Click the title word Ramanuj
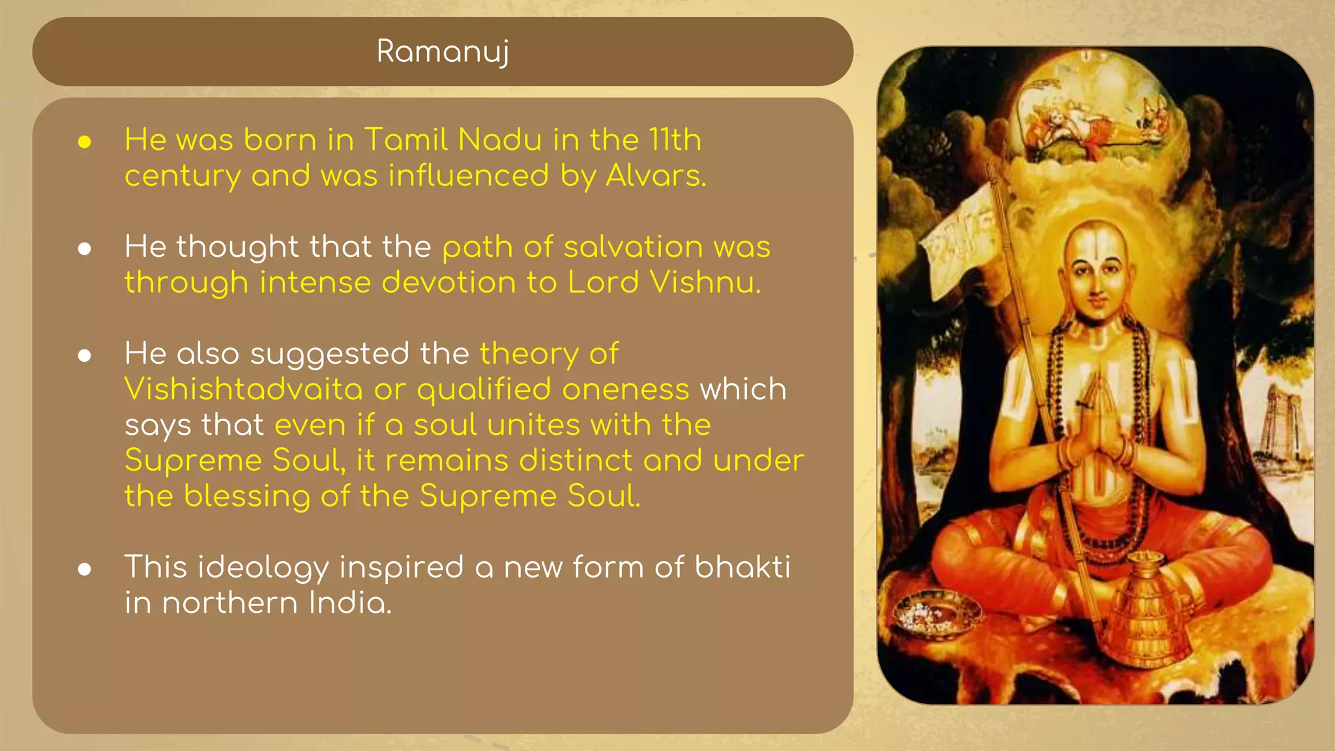(x=443, y=52)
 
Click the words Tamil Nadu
(x=452, y=140)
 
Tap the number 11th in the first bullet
(x=675, y=140)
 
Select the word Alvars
(x=656, y=176)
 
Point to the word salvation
(x=633, y=247)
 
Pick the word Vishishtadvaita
(x=243, y=390)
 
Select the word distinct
(x=575, y=461)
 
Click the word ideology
(x=263, y=567)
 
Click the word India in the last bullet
(x=350, y=603)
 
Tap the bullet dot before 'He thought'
(x=84, y=249)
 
